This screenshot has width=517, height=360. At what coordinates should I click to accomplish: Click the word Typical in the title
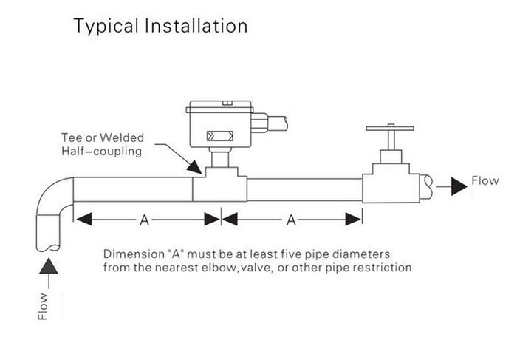coord(106,27)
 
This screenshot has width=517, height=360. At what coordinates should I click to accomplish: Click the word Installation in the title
coord(196,26)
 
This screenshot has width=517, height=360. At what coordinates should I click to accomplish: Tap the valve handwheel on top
coord(390,128)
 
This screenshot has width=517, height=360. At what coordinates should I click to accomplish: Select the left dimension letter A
coord(144,220)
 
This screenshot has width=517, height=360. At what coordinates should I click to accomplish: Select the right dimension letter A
coord(291,220)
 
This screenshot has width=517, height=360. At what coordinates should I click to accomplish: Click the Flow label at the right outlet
coord(485,181)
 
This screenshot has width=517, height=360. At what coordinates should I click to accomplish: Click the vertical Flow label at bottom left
coord(43,306)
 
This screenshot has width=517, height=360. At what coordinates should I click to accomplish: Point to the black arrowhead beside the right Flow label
coord(459,186)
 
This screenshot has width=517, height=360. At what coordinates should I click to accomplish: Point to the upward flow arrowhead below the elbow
coord(49,266)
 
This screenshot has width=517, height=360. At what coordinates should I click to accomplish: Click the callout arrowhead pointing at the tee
coord(195,167)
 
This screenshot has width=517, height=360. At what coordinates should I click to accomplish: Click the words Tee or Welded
coord(103,137)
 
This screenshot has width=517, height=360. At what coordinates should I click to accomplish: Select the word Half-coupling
coord(102,152)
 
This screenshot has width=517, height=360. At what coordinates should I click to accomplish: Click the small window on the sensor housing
coord(220,136)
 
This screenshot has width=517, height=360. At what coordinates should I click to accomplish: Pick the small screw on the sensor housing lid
coord(227,103)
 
